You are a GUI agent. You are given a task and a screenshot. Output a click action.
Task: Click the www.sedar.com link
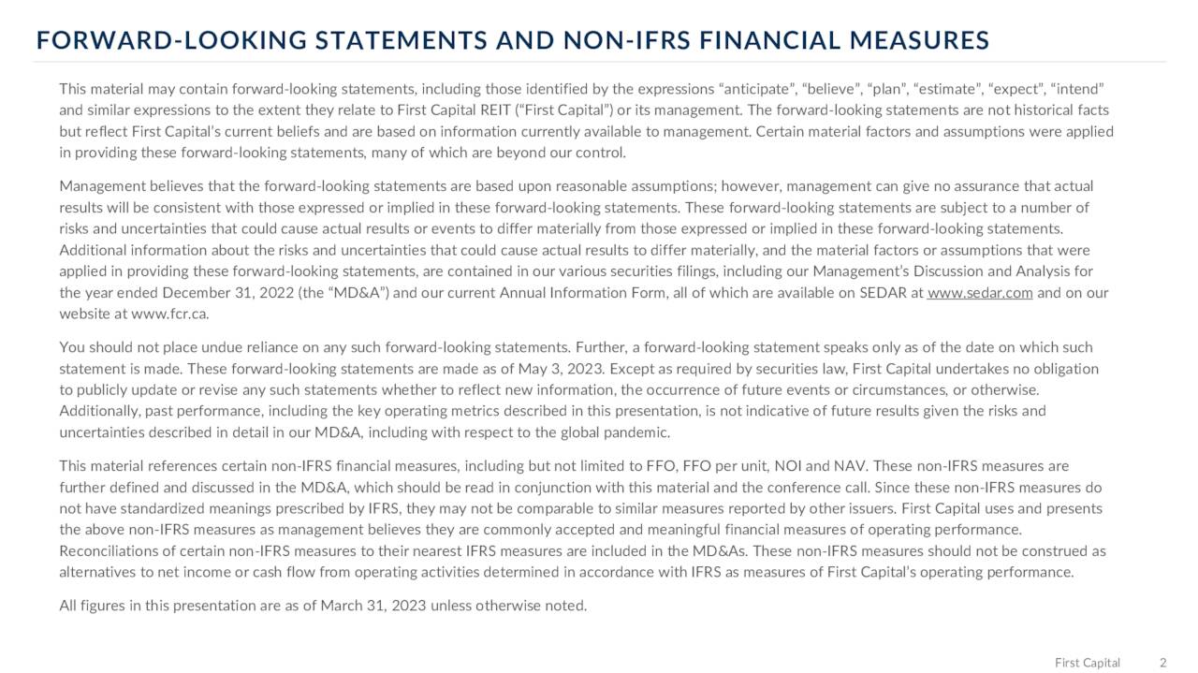click(x=979, y=293)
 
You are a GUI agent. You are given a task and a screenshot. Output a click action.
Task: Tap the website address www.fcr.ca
click(x=170, y=315)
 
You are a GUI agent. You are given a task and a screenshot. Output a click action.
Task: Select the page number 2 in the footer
click(x=1162, y=663)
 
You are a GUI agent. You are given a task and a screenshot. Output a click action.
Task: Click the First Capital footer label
click(x=1087, y=663)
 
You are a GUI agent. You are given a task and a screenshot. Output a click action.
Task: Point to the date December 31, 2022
click(x=214, y=293)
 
